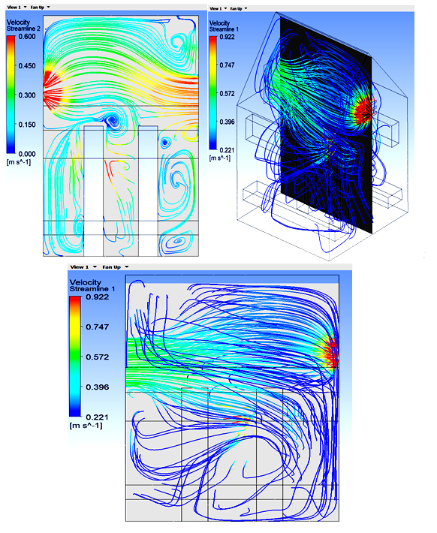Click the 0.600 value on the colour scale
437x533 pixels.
(27, 36)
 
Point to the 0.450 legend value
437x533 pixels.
(27, 65)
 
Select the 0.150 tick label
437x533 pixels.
(27, 125)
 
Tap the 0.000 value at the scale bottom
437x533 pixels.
(27, 154)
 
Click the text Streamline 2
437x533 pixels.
(23, 29)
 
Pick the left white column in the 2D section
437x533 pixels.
(94, 191)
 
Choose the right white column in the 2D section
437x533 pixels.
(148, 191)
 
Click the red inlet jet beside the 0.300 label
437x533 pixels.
(51, 86)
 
